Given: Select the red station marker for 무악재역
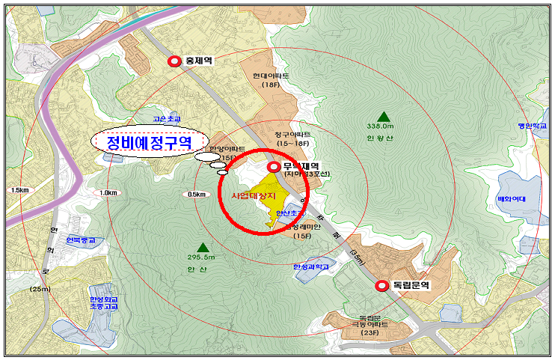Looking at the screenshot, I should (x=273, y=167).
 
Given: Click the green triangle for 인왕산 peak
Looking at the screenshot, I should (x=384, y=116).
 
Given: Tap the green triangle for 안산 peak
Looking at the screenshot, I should (x=203, y=246).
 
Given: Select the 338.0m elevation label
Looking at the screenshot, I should (x=383, y=127).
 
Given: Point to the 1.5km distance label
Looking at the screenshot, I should (x=19, y=191).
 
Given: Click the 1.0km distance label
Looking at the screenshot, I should (x=108, y=193).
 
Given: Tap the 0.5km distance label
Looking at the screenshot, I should (x=197, y=195).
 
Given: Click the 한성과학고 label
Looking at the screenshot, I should (x=310, y=266).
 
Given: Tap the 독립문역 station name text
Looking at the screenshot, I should (x=411, y=285).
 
